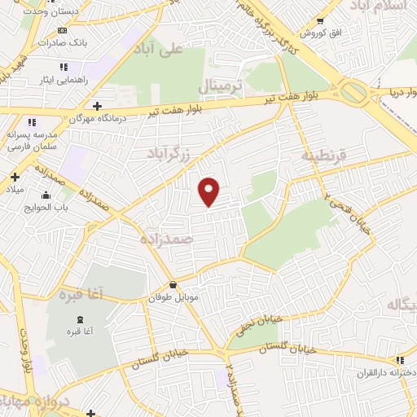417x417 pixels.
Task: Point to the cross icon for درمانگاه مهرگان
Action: pos(97,106)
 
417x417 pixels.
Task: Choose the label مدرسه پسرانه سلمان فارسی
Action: pos(32,140)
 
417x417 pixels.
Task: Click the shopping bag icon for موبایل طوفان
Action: pos(173,284)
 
